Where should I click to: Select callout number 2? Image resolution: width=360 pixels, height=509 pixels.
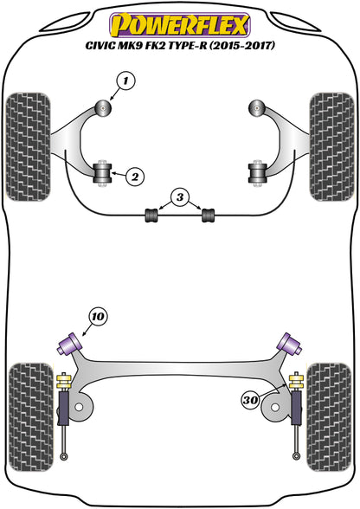coord(134,177)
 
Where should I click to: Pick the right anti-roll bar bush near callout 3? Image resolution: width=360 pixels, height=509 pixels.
coord(208,212)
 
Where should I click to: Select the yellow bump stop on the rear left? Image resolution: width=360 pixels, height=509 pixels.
coord(62,356)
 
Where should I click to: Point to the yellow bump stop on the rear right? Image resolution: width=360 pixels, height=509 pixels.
coord(298,356)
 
